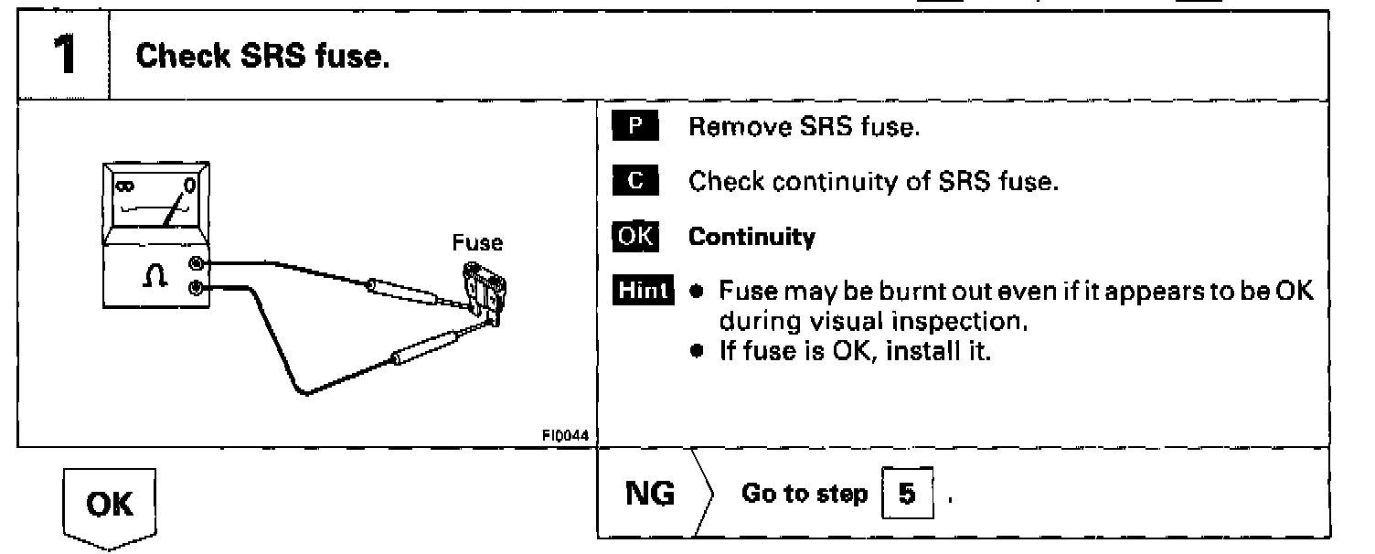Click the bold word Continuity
click(x=751, y=238)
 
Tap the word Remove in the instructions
click(x=730, y=128)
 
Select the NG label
click(x=650, y=495)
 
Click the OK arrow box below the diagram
click(x=110, y=506)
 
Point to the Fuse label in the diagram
click(x=477, y=243)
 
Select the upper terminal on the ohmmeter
click(x=195, y=264)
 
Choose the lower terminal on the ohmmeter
click(x=195, y=289)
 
